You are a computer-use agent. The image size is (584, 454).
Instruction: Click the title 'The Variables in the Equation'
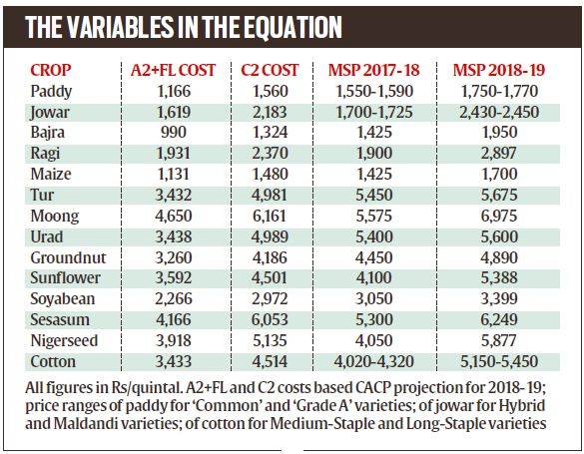click(x=185, y=26)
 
